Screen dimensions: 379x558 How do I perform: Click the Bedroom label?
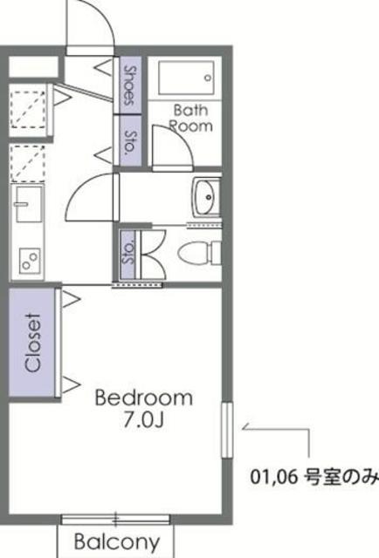click(x=144, y=398)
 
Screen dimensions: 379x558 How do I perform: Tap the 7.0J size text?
click(x=144, y=420)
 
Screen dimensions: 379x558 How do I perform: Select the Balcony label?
click(x=117, y=542)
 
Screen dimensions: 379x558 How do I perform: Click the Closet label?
click(x=33, y=343)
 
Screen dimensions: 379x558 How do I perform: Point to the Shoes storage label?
click(x=130, y=85)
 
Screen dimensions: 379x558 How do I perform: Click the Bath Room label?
click(x=190, y=118)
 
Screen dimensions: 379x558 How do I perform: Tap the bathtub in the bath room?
click(x=186, y=78)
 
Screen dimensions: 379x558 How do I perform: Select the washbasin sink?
click(x=207, y=198)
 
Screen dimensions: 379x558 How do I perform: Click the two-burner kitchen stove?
click(x=30, y=261)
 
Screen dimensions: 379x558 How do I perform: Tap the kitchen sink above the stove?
click(x=29, y=203)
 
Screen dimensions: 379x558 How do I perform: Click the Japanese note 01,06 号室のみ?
click(x=314, y=477)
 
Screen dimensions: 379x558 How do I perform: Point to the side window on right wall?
click(x=227, y=430)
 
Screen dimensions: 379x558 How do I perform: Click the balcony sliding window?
click(x=115, y=520)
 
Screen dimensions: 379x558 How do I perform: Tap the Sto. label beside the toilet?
click(x=128, y=252)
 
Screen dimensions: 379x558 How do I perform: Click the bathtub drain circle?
click(x=208, y=78)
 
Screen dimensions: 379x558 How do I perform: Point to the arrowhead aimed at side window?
click(x=245, y=427)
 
